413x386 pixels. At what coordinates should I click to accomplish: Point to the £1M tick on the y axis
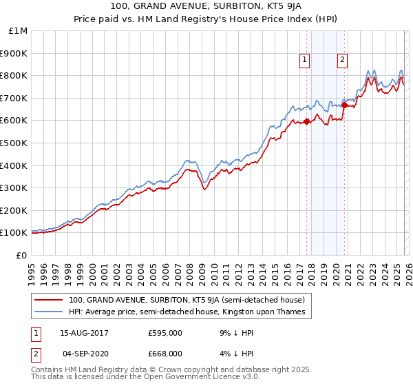pos(19,31)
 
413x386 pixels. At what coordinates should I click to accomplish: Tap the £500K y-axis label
pos(15,143)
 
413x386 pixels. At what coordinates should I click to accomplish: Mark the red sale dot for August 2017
pos(306,122)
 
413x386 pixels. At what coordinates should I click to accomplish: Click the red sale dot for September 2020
pos(344,105)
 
